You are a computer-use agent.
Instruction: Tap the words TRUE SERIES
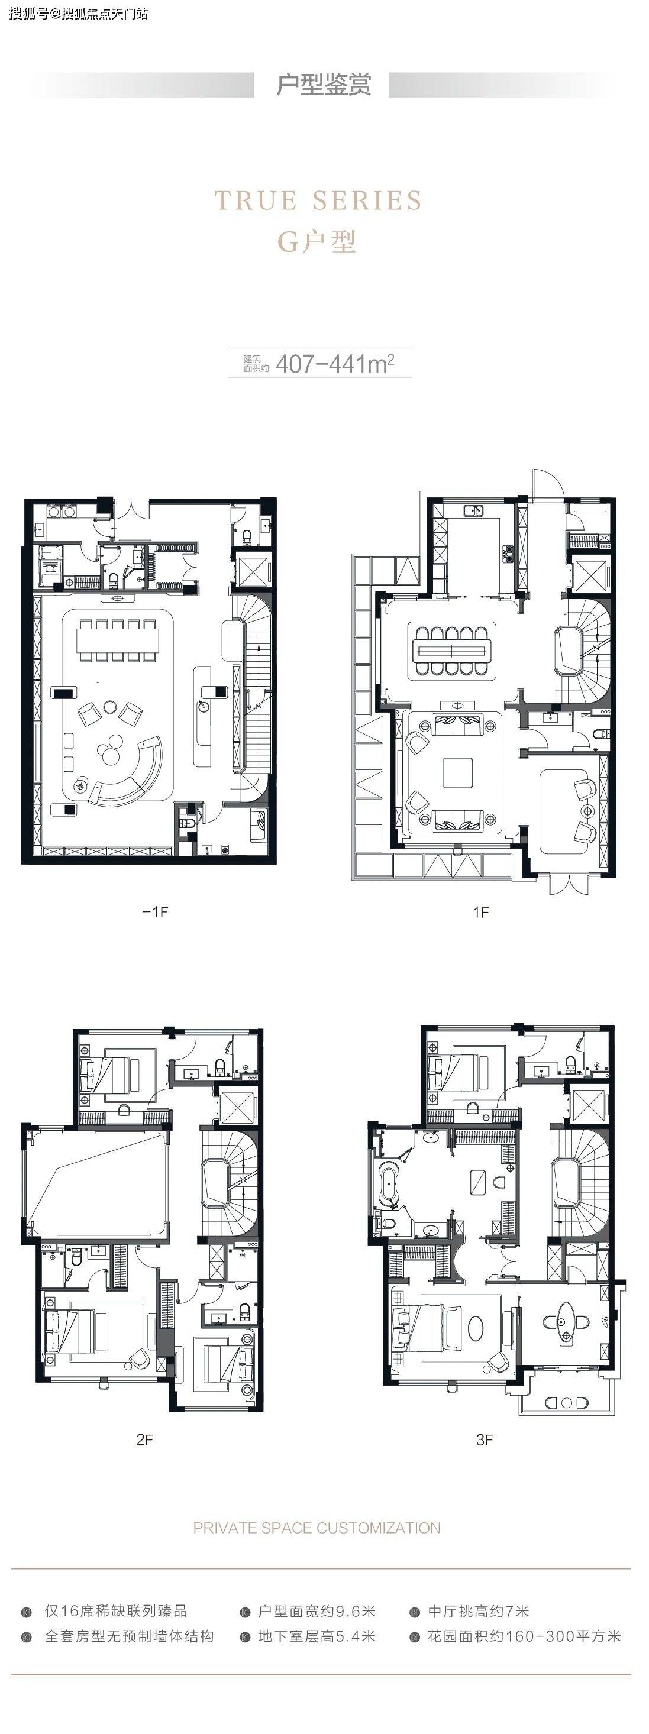[318, 200]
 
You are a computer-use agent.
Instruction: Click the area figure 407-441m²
[335, 364]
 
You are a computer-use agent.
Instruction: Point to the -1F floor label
[156, 911]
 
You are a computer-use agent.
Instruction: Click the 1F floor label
[481, 912]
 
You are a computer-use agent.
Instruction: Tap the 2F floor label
[145, 1440]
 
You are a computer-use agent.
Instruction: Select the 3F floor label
[485, 1440]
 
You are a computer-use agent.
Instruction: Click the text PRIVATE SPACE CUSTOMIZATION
[317, 1528]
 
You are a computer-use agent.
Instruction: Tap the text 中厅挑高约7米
[479, 1612]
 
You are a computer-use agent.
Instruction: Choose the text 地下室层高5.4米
[317, 1636]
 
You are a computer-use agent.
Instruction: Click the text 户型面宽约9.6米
[317, 1612]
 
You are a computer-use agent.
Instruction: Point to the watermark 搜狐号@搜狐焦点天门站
[79, 14]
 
